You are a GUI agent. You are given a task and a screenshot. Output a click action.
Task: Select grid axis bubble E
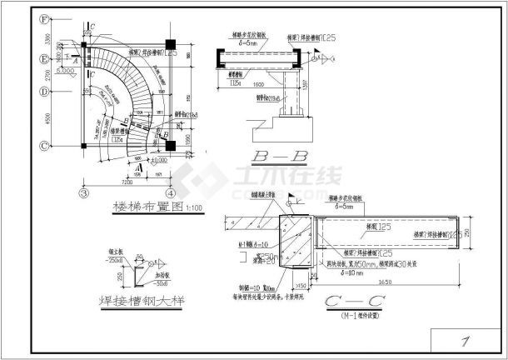[43, 58]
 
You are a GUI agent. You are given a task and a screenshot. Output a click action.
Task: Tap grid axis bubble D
[43, 92]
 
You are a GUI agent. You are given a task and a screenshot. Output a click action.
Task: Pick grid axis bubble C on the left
[43, 145]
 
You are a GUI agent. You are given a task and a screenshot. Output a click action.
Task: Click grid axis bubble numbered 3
[85, 192]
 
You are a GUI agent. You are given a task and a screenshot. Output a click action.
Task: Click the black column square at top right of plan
[170, 43]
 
